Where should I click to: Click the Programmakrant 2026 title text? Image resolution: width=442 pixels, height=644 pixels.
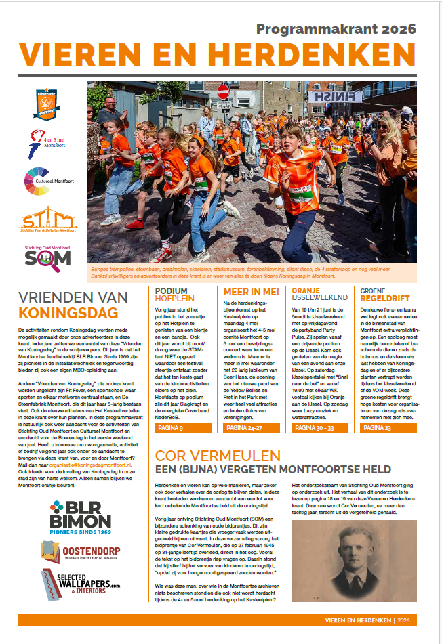336,30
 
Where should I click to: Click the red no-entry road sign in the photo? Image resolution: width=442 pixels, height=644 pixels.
224,91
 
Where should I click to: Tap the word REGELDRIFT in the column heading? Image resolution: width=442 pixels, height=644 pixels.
385,297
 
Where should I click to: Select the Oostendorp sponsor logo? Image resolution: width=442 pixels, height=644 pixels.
80,553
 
